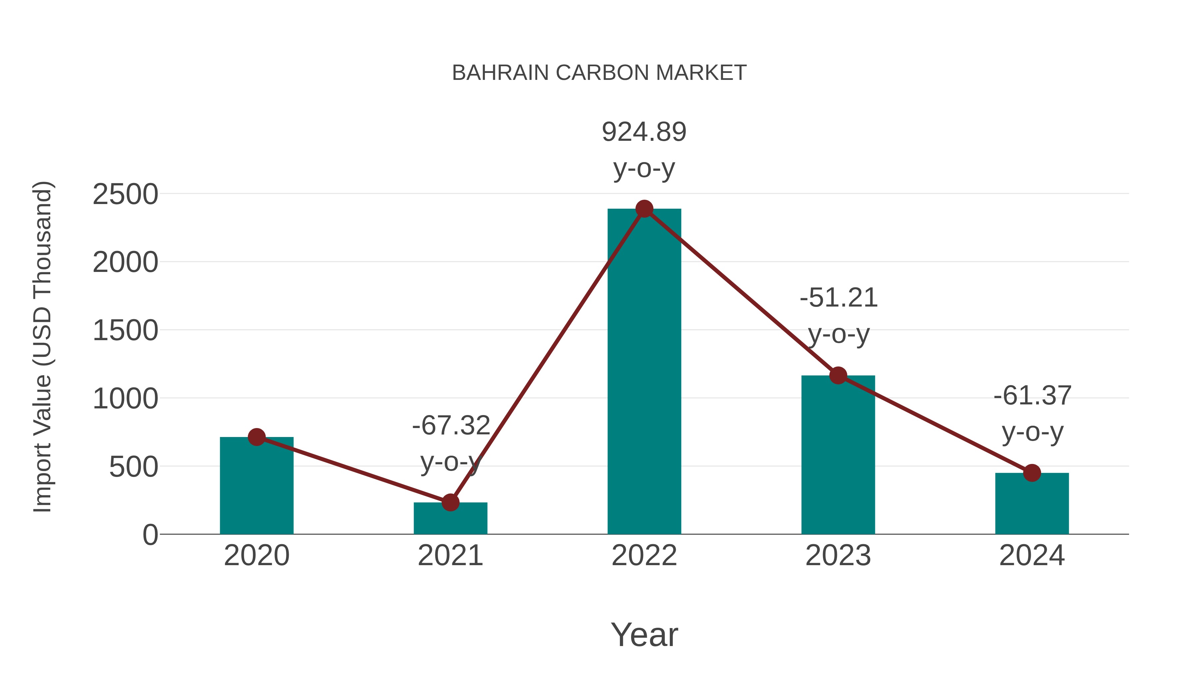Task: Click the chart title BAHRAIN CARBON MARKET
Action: pos(599,73)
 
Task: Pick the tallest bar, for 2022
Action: pos(644,372)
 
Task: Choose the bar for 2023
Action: pos(838,456)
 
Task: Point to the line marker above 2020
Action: pos(256,437)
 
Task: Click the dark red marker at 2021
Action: pos(450,502)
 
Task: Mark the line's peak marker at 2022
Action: pos(644,209)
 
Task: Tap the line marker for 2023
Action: pos(838,375)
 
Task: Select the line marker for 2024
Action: pos(1032,473)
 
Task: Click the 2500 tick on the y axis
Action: pos(125,194)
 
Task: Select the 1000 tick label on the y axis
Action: pos(125,399)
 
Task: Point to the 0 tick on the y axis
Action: pos(150,535)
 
